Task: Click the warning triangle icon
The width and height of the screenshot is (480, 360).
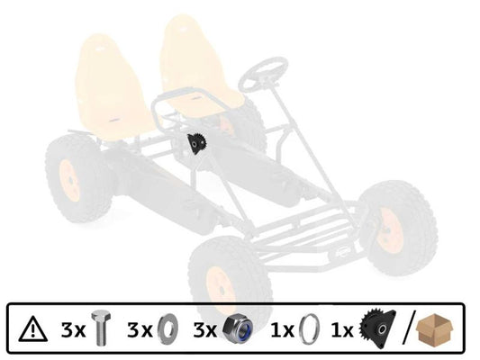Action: click(34, 328)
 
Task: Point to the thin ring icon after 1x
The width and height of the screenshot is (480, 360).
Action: click(309, 328)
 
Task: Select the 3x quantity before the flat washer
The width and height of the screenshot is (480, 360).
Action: click(140, 329)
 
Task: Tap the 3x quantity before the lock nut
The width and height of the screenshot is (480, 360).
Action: click(204, 329)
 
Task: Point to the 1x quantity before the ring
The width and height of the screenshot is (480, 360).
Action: click(281, 329)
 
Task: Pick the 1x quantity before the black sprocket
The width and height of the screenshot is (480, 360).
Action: click(344, 329)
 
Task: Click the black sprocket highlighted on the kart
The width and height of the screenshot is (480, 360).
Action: click(198, 144)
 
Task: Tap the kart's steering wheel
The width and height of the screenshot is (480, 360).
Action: click(263, 74)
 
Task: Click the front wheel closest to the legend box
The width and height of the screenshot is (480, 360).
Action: click(230, 279)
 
